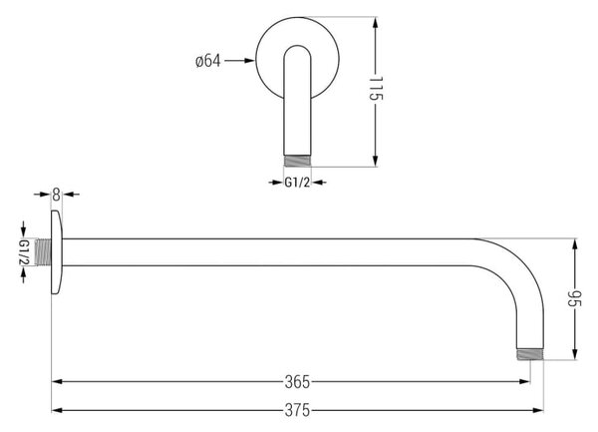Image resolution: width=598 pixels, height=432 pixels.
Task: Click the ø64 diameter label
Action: pos(208,61)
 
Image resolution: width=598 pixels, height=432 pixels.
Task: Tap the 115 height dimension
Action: pos(376,89)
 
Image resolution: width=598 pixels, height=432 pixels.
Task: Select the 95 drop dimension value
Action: pos(574,299)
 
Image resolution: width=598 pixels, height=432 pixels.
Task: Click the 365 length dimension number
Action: pos(297,382)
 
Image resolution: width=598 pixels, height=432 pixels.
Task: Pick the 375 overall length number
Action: pos(297,411)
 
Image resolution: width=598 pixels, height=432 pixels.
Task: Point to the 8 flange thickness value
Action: pos(57,195)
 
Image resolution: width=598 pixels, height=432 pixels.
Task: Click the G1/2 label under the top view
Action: pos(297,183)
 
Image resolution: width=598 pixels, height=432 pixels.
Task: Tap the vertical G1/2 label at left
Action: pos(24,252)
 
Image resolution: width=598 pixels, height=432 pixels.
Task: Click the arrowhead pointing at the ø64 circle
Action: pos(249,60)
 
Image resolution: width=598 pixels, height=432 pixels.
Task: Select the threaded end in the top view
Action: pos(297,161)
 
